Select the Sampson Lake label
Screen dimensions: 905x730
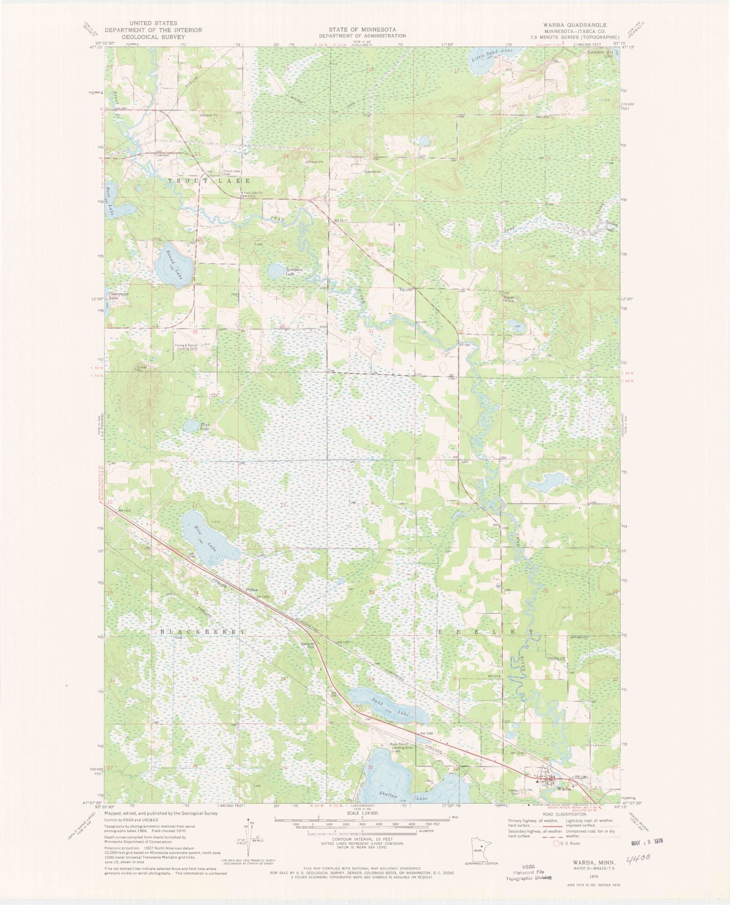[x=294, y=272]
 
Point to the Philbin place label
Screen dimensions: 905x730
[x=252, y=590]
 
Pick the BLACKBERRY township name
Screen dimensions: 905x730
[x=203, y=632]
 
